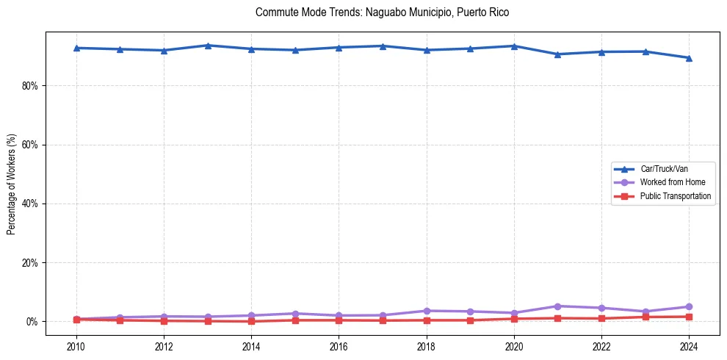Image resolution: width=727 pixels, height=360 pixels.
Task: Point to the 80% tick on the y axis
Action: pyautogui.click(x=30, y=86)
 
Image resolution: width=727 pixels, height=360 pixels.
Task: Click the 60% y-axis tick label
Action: pyautogui.click(x=30, y=145)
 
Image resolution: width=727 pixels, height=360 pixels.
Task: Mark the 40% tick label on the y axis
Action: pyautogui.click(x=30, y=204)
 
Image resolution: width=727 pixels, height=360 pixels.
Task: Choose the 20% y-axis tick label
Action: pyautogui.click(x=30, y=262)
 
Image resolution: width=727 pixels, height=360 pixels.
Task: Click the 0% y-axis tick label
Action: pyautogui.click(x=32, y=322)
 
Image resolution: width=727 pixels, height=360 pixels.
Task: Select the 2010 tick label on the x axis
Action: pyautogui.click(x=76, y=345)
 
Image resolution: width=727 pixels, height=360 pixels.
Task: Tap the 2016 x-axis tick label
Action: pyautogui.click(x=339, y=345)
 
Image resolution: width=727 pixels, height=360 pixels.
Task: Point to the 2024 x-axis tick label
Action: pyautogui.click(x=689, y=345)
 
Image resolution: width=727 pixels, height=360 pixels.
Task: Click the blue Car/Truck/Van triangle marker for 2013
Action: pyautogui.click(x=208, y=46)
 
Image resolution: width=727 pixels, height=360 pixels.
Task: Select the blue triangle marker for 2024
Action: pyautogui.click(x=689, y=57)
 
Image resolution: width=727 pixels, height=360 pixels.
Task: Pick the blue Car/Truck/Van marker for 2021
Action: pyautogui.click(x=557, y=54)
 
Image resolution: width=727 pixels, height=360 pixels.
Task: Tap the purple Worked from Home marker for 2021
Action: pyautogui.click(x=557, y=306)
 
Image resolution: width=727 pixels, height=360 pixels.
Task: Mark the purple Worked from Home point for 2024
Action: pyautogui.click(x=689, y=306)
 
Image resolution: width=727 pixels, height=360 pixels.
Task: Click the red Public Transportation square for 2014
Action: pyautogui.click(x=251, y=321)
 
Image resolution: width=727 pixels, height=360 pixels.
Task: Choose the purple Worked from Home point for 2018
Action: pyautogui.click(x=426, y=311)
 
